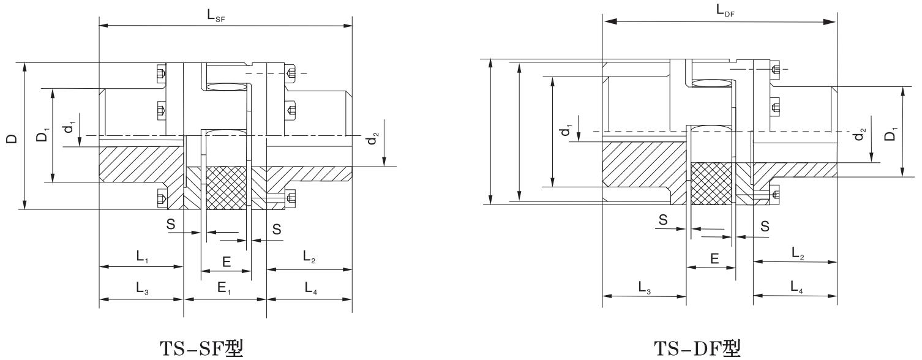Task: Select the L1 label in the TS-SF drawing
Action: pos(141,258)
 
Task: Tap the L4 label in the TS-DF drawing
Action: pos(795,286)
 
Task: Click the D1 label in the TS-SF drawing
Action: pos(42,136)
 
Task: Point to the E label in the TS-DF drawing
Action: pos(714,258)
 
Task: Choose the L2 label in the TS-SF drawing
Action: pos(309,258)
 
